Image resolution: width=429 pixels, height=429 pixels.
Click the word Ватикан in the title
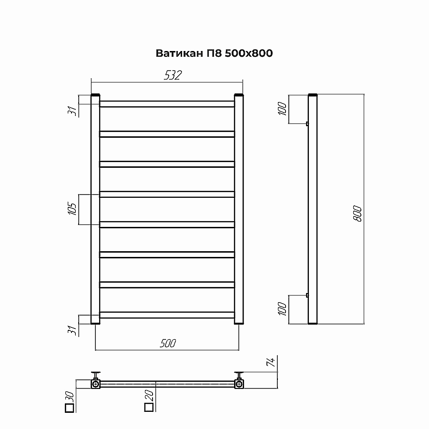179,53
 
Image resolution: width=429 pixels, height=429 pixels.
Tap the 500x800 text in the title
249,53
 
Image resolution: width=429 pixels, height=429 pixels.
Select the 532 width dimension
173,75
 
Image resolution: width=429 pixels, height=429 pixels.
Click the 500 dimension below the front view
168,343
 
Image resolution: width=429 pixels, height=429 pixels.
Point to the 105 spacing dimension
72,209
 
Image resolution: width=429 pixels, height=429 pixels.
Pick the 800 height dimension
357,214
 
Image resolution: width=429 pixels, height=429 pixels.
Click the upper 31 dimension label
72,111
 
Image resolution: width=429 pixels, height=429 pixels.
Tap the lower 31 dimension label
72,330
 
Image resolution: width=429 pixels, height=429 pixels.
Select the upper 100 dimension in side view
282,108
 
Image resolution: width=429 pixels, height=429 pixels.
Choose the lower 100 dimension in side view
282,308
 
